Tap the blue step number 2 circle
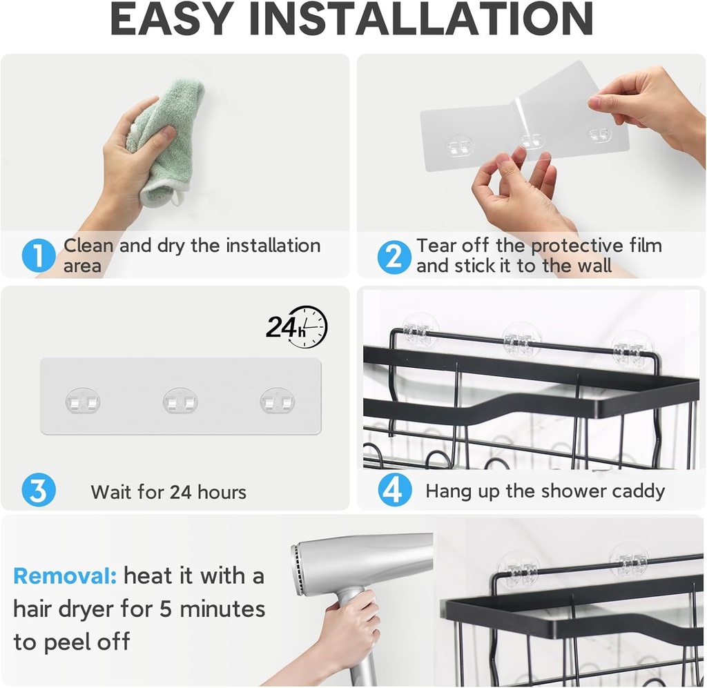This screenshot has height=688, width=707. [x=394, y=257]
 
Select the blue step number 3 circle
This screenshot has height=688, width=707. [x=39, y=491]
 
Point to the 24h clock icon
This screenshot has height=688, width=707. [x=298, y=326]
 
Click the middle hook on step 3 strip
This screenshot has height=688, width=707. [x=180, y=401]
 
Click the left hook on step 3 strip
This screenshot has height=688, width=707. [x=83, y=401]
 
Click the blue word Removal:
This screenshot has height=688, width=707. [x=65, y=576]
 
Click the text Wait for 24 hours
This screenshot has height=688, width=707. [x=168, y=492]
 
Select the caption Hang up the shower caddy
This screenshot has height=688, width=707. [x=545, y=491]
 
